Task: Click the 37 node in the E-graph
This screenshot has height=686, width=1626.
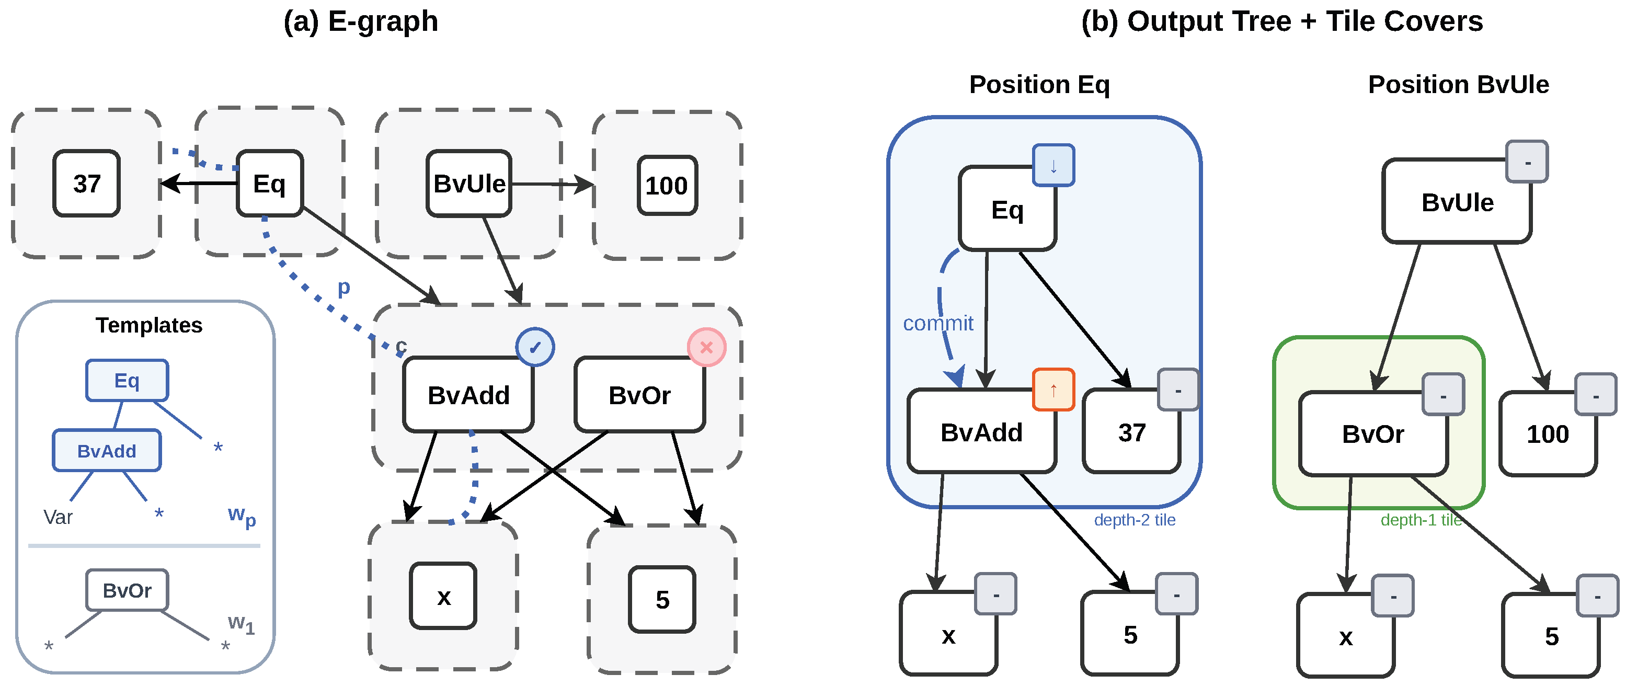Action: pos(86,184)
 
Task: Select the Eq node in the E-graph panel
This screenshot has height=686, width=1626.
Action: pos(270,184)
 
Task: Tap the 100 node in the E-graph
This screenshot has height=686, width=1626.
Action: pos(667,186)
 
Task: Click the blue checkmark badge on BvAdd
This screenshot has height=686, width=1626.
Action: pos(535,347)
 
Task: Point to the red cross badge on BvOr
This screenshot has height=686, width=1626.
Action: pos(706,347)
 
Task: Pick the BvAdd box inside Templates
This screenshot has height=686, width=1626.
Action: pos(107,451)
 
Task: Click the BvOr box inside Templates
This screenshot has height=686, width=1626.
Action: pos(127,590)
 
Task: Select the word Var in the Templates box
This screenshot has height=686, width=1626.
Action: pos(58,517)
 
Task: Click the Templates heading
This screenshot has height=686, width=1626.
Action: pos(149,325)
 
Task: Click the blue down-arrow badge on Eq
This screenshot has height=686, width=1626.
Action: pos(1053,165)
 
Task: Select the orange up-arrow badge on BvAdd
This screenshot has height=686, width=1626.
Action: pos(1053,390)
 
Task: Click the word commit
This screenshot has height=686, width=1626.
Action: pos(937,323)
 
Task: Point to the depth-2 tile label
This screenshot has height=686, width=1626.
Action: pos(1135,520)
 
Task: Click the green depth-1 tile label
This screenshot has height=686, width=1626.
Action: pos(1421,520)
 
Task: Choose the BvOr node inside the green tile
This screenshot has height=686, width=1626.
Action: pos(1373,434)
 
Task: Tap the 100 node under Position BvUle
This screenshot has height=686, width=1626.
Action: pos(1547,434)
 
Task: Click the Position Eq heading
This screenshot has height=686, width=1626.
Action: pos(1039,85)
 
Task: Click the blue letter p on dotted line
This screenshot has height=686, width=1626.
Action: pos(343,287)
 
